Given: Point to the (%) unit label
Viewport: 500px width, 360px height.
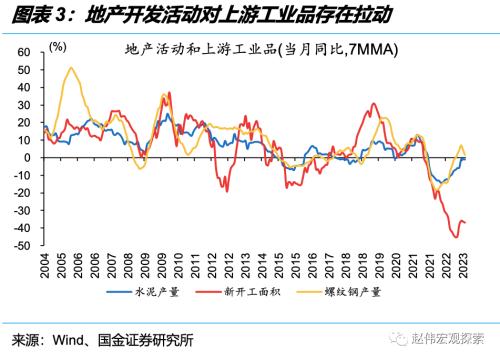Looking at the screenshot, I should click(59, 46).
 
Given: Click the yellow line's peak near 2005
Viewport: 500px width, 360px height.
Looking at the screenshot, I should click(70, 68).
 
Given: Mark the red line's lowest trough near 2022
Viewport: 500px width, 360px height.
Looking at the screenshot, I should click(456, 237).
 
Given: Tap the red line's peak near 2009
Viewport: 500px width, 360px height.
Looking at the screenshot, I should click(169, 93).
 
